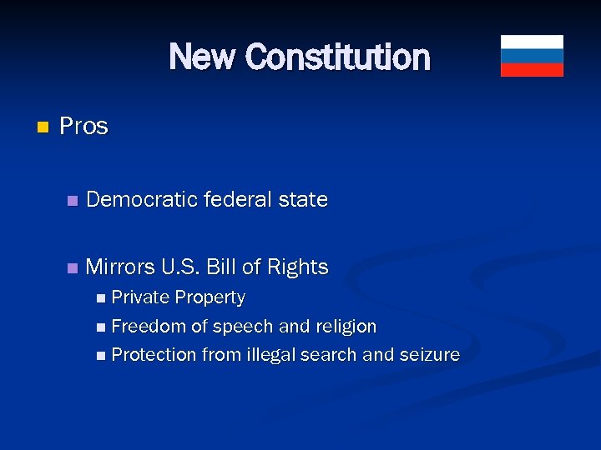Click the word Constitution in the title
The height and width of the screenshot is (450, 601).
(338, 57)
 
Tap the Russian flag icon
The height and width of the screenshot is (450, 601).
(532, 56)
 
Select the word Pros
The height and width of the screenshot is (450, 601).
(84, 126)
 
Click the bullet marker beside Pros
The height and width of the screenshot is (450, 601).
(43, 127)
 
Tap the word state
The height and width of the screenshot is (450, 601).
(304, 200)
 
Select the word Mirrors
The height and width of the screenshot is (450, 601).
(119, 267)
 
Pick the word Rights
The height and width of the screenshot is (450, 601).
(297, 267)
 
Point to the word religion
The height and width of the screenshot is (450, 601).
(345, 326)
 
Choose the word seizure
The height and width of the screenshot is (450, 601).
(430, 354)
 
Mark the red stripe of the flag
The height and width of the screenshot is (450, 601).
(532, 70)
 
